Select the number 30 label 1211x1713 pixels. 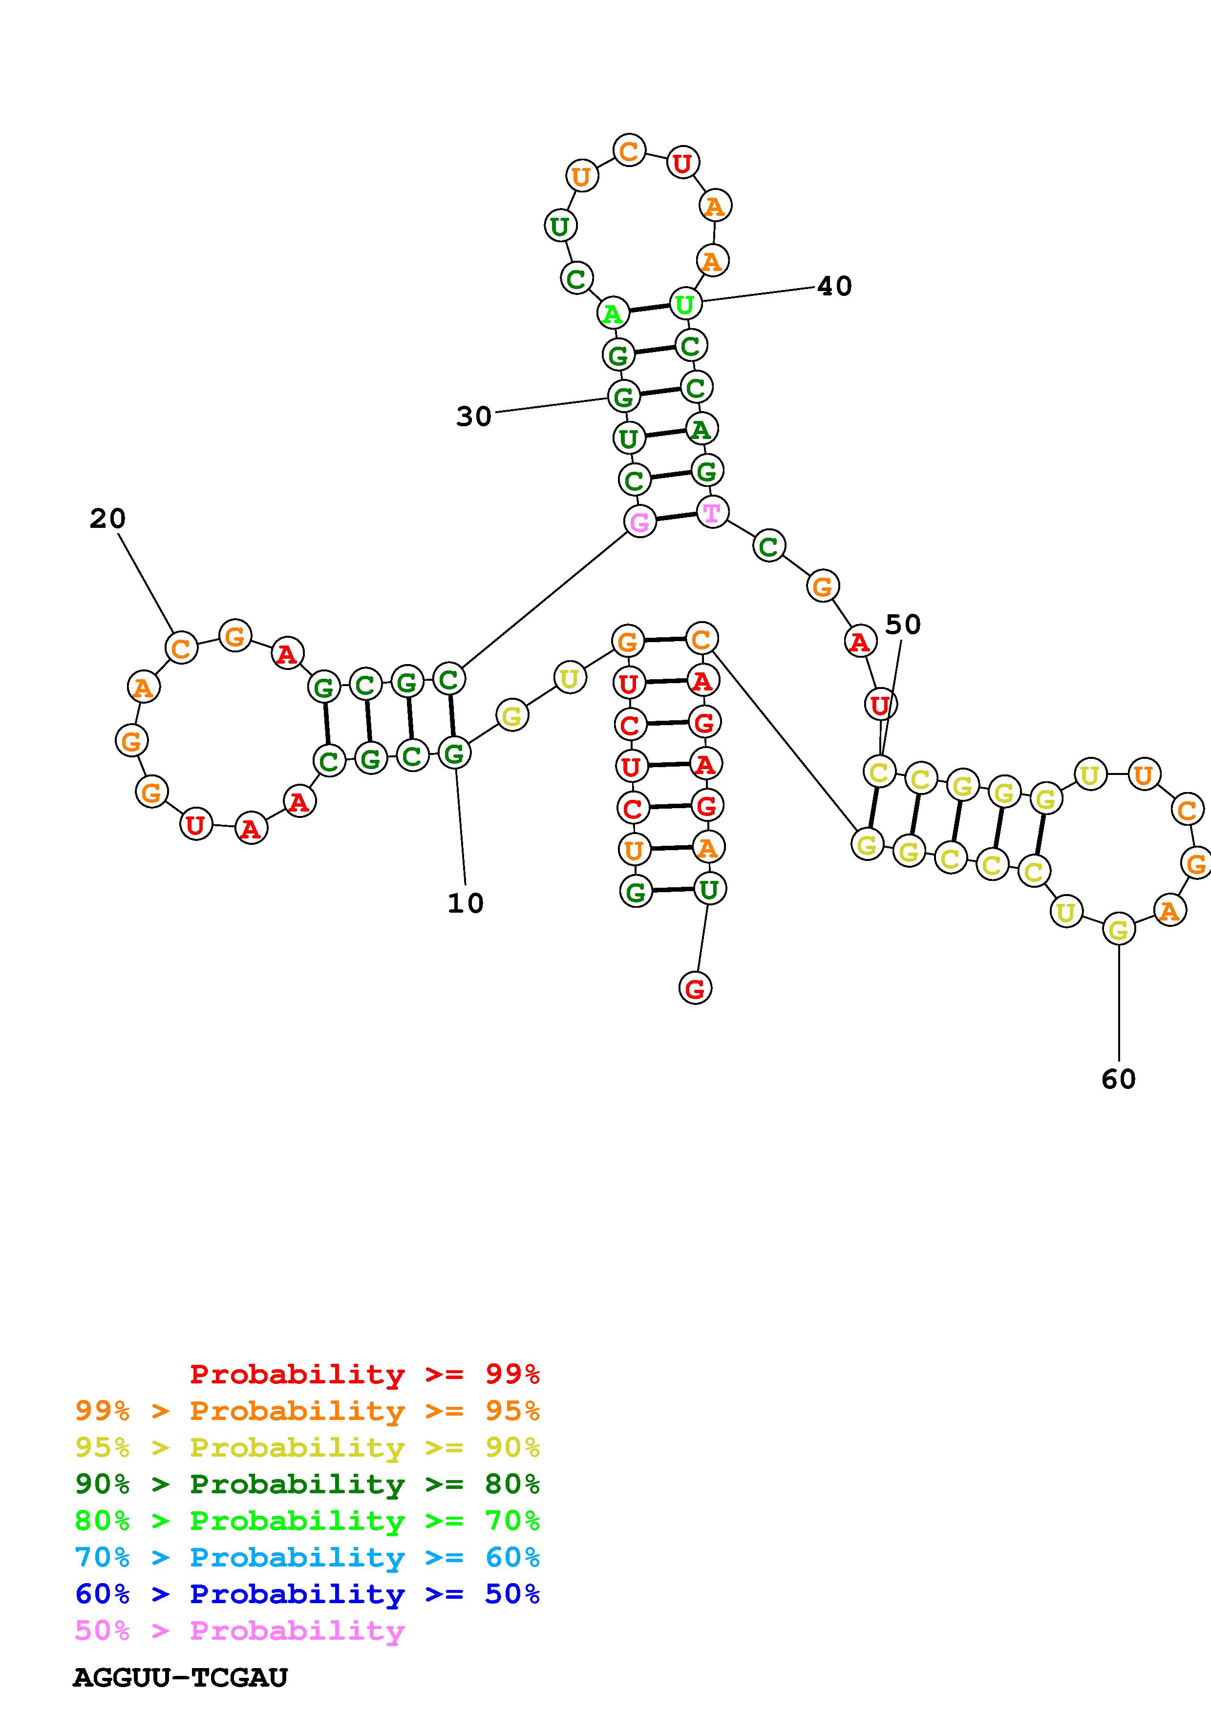474,417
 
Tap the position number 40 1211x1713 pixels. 834,286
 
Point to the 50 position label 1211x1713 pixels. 903,625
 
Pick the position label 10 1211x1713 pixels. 466,903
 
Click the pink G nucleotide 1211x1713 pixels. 639,522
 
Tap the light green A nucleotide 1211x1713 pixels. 613,313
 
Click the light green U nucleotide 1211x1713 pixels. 685,304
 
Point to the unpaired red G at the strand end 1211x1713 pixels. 695,988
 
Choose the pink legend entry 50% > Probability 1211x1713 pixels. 239,1631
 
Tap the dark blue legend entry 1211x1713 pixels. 307,1594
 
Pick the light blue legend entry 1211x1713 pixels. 307,1558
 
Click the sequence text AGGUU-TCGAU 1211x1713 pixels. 180,1678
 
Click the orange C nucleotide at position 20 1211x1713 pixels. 181,648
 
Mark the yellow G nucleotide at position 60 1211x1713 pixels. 1118,930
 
